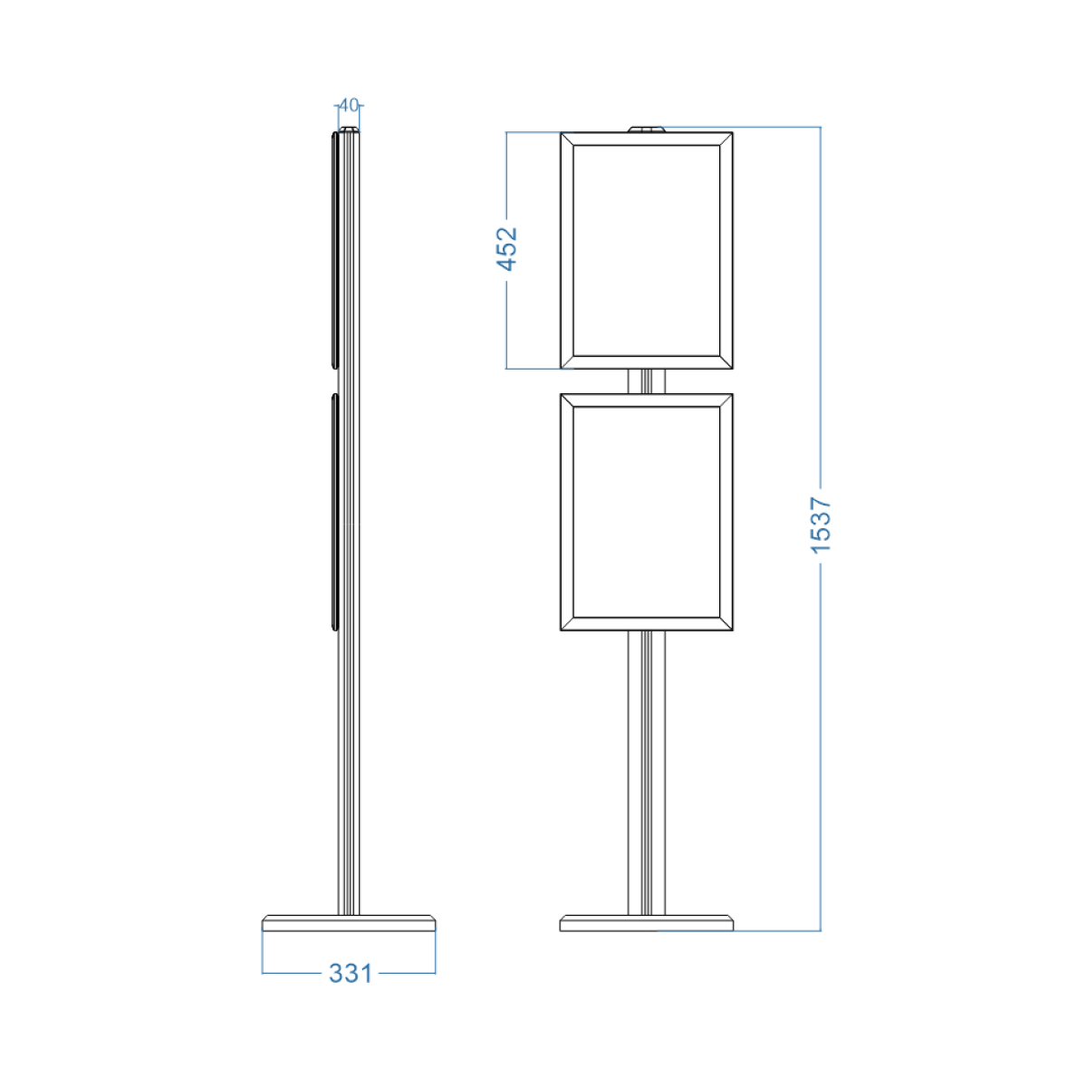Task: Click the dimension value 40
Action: tap(349, 105)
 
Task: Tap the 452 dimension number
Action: tap(506, 249)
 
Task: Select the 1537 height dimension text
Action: tap(821, 525)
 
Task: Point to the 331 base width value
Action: tap(351, 974)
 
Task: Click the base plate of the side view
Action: tap(349, 923)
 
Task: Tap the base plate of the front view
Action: tap(647, 923)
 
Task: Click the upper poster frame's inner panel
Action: tap(647, 250)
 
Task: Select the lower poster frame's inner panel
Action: tap(647, 512)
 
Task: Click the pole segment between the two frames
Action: tap(647, 381)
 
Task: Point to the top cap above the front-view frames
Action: tap(647, 130)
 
